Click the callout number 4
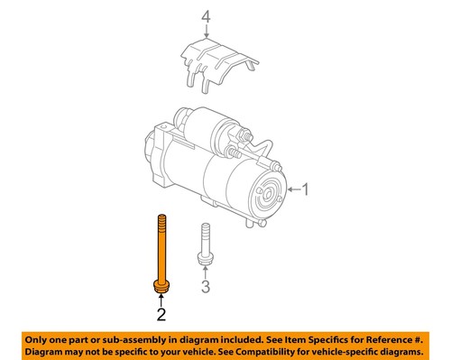tap(205, 15)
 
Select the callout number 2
tap(161, 315)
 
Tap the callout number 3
tap(206, 287)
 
